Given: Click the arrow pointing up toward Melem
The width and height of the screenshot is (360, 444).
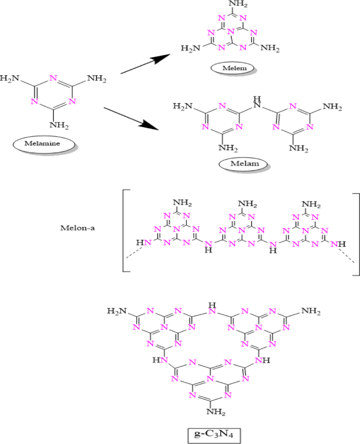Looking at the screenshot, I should [148, 63].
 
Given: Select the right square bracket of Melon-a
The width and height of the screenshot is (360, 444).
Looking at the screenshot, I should [356, 234].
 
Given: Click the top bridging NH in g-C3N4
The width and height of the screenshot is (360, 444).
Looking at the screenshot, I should [212, 307].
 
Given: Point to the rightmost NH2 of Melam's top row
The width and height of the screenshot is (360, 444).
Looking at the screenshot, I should [332, 107].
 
